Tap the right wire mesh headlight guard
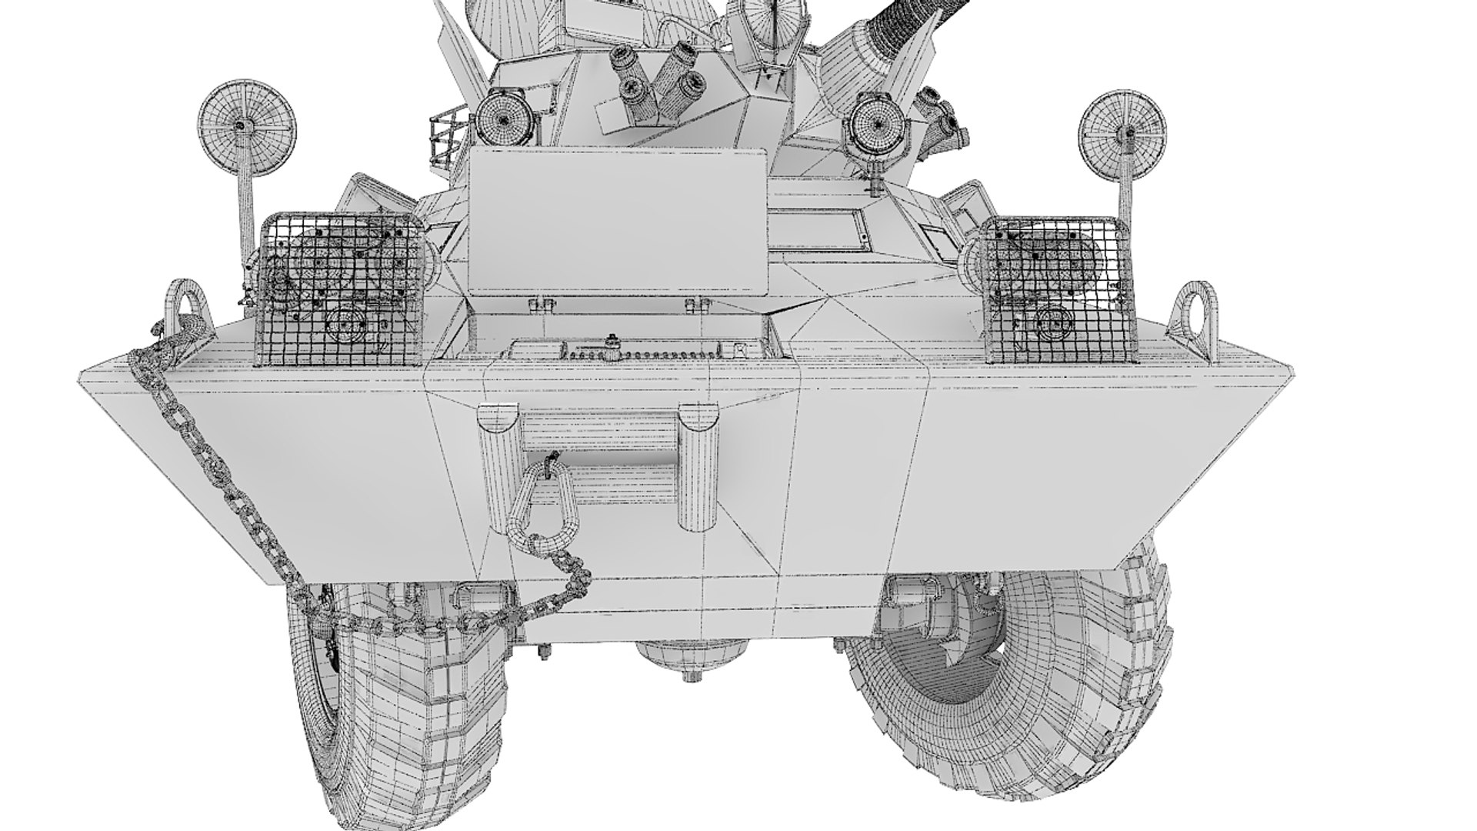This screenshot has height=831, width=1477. tap(1052, 290)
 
